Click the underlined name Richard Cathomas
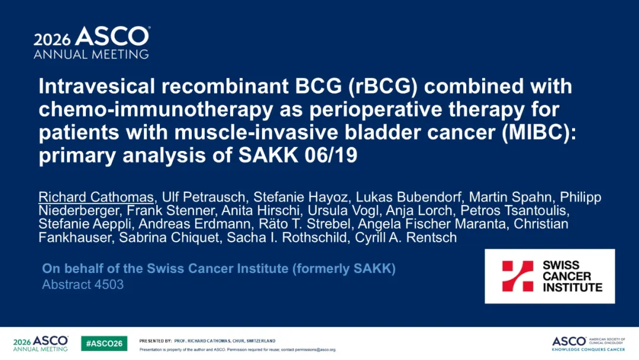tap(96, 197)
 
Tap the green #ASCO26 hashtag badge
tap(104, 343)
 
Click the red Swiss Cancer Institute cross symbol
tap(518, 276)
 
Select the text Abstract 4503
tap(83, 285)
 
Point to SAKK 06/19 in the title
tap(298, 155)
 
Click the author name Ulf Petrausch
tap(204, 197)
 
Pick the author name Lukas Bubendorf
tap(408, 197)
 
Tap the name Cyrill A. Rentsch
tap(406, 237)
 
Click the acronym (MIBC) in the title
tap(539, 133)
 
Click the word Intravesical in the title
tap(97, 86)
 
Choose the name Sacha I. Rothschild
tap(286, 237)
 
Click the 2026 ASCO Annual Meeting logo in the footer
tap(41, 343)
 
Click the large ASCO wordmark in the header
tap(112, 36)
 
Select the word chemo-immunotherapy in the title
tap(156, 110)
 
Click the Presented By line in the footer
tap(208, 341)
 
